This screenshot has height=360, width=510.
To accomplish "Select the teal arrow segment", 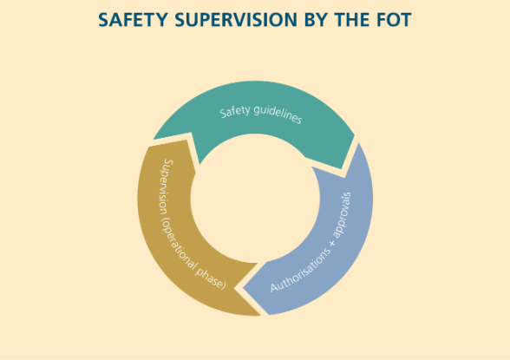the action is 253,109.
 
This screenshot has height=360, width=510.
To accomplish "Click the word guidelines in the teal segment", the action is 278,114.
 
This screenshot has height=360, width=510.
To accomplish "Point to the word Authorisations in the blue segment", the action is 300,271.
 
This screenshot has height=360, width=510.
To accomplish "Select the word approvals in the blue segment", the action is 344,215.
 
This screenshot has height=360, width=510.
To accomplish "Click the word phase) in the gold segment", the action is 210,278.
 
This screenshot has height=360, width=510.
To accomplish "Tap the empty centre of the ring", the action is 255,198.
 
